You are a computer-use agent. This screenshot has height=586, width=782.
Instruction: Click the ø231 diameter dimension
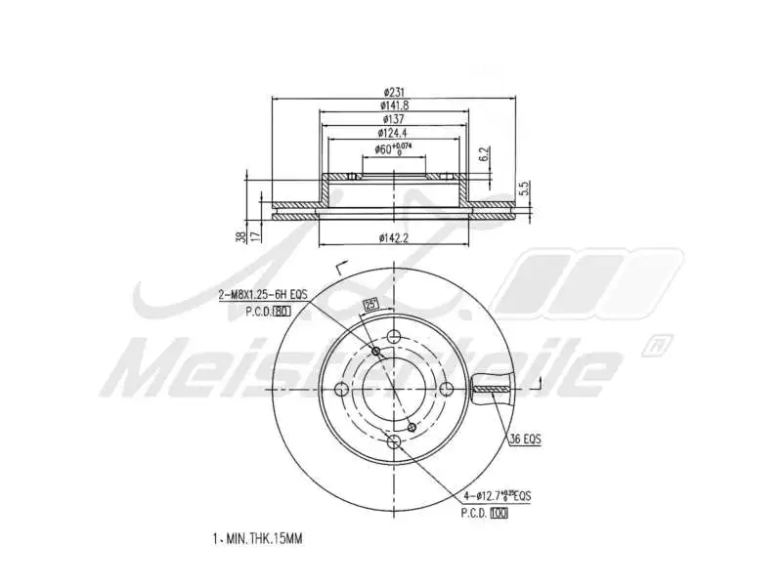[x=393, y=92]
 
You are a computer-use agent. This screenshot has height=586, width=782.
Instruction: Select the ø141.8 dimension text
[x=393, y=105]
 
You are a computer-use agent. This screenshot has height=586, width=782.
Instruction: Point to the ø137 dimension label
[x=393, y=118]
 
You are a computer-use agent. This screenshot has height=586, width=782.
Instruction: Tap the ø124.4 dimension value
[x=393, y=132]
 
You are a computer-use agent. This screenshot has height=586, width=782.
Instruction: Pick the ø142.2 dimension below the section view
[x=393, y=236]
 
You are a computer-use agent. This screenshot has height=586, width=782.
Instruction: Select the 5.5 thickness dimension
[x=524, y=187]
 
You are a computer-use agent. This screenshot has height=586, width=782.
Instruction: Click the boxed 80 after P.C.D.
[x=282, y=312]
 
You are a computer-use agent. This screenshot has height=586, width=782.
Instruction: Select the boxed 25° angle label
[x=370, y=304]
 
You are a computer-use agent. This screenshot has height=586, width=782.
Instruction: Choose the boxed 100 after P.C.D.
[x=500, y=512]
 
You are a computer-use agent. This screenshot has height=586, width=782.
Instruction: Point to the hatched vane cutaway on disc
[x=491, y=390]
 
